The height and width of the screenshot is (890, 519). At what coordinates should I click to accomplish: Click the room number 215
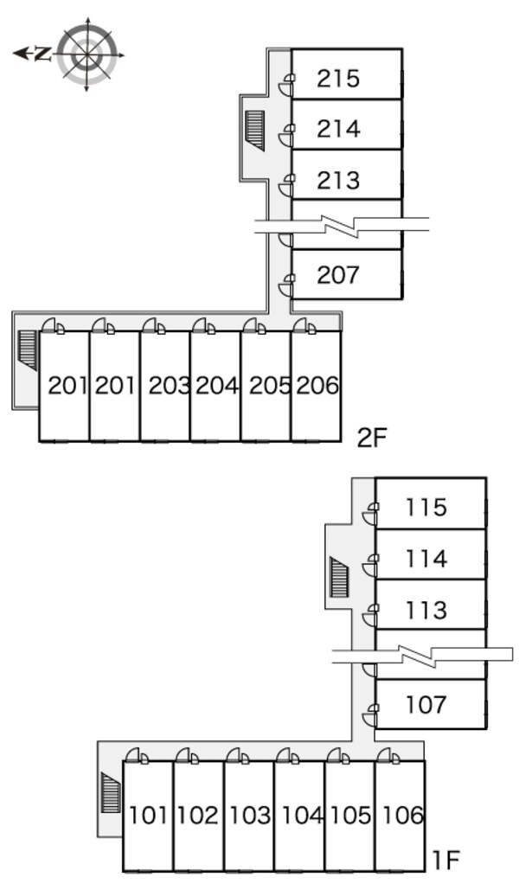click(338, 79)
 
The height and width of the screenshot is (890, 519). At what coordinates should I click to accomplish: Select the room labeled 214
click(338, 129)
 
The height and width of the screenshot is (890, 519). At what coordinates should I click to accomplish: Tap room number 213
click(338, 181)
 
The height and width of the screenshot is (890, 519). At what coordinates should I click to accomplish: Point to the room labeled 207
click(338, 275)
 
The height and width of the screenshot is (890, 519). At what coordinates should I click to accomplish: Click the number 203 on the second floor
click(169, 386)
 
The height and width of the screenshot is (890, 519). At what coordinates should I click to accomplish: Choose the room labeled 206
click(318, 386)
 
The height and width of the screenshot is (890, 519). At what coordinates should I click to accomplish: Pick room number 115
click(426, 507)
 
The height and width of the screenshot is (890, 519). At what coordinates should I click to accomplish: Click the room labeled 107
click(426, 705)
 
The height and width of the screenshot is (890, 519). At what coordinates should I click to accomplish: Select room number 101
click(149, 816)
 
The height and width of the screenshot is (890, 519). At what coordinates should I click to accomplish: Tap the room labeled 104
click(302, 816)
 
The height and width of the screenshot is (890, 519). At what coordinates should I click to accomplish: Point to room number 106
click(402, 816)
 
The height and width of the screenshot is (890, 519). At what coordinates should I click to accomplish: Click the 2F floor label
click(372, 438)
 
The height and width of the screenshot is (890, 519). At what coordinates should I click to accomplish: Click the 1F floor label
click(445, 861)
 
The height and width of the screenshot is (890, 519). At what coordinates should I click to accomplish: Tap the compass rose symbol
click(87, 55)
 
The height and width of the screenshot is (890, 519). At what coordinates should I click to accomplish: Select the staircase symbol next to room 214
click(255, 130)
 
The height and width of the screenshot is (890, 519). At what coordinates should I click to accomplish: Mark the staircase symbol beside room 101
click(111, 792)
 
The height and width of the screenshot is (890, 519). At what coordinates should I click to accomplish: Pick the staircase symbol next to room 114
click(339, 577)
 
